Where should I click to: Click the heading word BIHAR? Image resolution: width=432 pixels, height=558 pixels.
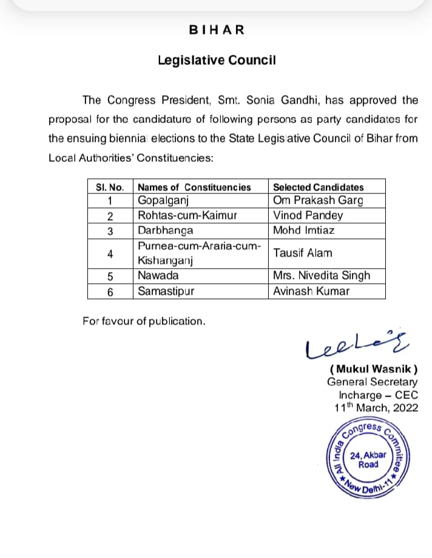click(x=217, y=29)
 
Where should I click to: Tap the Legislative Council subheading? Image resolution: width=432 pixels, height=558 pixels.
click(x=217, y=60)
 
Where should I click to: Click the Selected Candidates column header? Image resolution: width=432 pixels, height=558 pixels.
click(x=319, y=187)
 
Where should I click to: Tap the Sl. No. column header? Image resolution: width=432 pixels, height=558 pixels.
click(x=110, y=187)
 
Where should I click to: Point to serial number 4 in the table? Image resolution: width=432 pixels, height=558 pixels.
click(x=110, y=254)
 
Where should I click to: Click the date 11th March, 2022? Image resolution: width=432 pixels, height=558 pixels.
click(x=377, y=408)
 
